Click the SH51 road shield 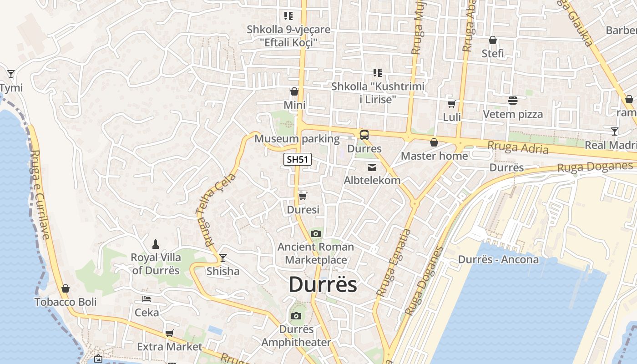click(298, 160)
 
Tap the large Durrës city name click(323, 285)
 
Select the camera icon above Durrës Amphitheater click(296, 316)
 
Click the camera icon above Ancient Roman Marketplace click(315, 234)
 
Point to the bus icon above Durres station click(364, 135)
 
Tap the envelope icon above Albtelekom click(372, 167)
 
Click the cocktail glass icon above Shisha click(223, 258)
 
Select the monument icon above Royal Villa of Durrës click(156, 244)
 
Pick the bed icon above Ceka click(147, 299)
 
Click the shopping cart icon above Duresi click(303, 196)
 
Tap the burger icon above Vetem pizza click(513, 100)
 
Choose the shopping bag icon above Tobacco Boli click(66, 288)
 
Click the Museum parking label click(297, 139)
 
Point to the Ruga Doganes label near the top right click(595, 167)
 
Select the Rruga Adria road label click(518, 147)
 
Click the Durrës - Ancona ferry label click(498, 260)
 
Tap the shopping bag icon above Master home click(434, 142)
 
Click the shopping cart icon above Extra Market click(170, 333)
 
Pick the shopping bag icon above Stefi click(492, 40)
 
